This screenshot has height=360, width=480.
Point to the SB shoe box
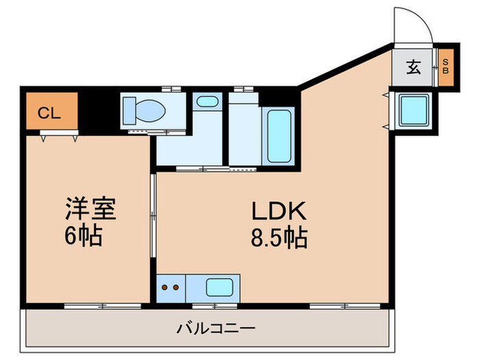click(x=445, y=67)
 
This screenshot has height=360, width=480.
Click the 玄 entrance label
click(x=414, y=67)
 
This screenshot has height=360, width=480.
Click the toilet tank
click(x=129, y=110)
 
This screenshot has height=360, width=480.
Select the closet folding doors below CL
click(x=59, y=137)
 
